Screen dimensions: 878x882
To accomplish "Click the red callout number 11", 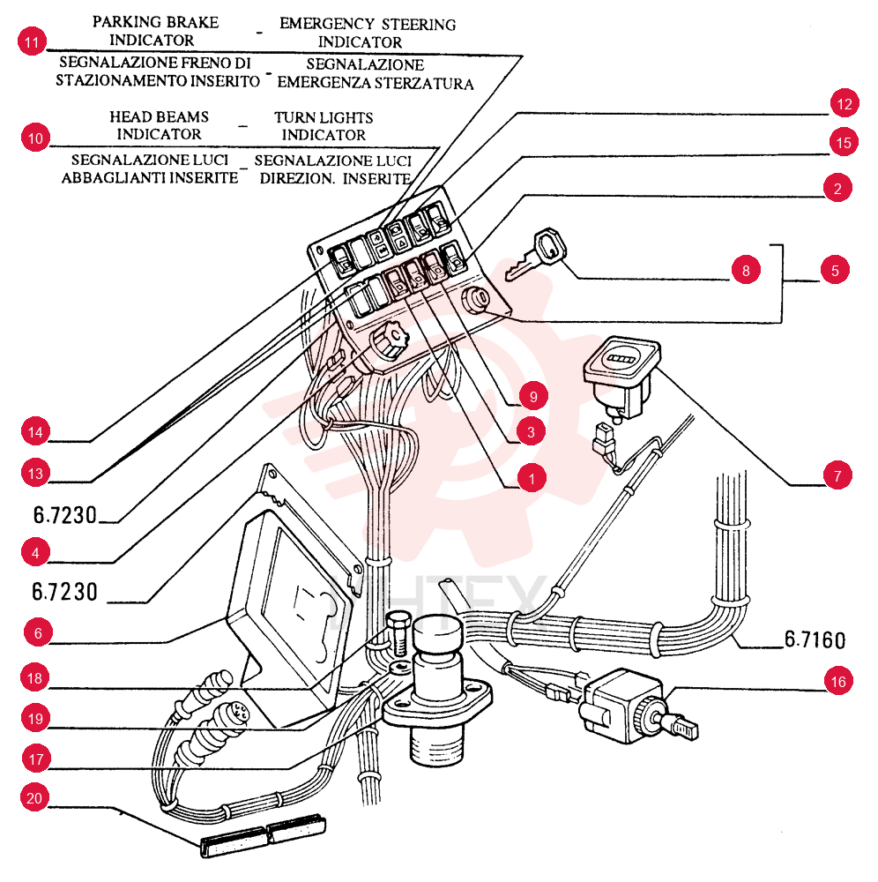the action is pyautogui.click(x=32, y=41).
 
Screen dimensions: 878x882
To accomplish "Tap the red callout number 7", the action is pyautogui.click(x=837, y=475).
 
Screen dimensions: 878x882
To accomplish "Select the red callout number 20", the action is pyautogui.click(x=35, y=797).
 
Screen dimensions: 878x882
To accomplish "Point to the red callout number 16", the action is pyautogui.click(x=838, y=681).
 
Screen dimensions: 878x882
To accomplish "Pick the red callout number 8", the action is pyautogui.click(x=746, y=270).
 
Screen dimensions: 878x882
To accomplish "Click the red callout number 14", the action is pyautogui.click(x=35, y=431).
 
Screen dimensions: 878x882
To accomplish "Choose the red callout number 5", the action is pyautogui.click(x=835, y=270).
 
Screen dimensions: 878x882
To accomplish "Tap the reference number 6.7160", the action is pyautogui.click(x=815, y=639).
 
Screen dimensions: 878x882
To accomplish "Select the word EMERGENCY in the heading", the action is pyautogui.click(x=327, y=24).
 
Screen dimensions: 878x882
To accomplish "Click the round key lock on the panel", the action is pyautogui.click(x=476, y=299).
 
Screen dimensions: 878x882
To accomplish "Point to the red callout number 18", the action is pyautogui.click(x=35, y=677).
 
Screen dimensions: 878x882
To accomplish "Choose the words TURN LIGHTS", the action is pyautogui.click(x=324, y=117).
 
